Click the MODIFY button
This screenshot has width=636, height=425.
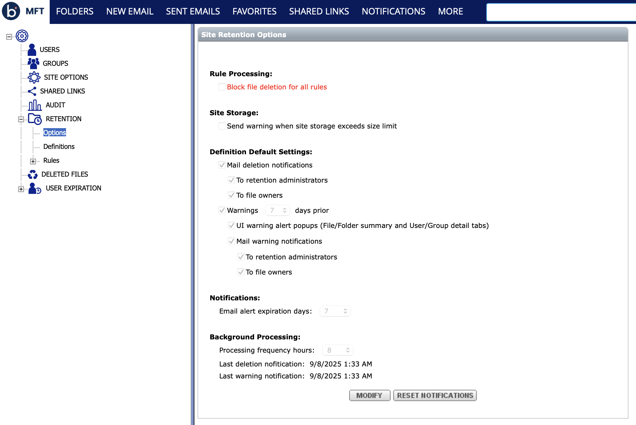tap(369, 395)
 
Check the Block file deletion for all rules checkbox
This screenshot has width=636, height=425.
tap(222, 87)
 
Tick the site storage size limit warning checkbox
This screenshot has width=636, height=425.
tap(222, 126)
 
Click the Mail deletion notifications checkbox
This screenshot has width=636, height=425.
tap(222, 165)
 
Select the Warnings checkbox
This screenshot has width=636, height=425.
tap(222, 210)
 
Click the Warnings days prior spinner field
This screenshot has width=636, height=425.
tap(277, 210)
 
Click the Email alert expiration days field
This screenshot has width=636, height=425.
tap(335, 311)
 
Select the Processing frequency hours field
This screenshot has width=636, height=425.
tap(337, 350)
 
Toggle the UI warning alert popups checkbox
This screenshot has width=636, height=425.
tap(232, 225)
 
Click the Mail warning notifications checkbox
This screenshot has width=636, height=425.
tap(232, 241)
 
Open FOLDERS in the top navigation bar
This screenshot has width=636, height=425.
tap(75, 12)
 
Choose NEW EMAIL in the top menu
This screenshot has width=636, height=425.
tap(130, 12)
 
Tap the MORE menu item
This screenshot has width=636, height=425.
tap(450, 12)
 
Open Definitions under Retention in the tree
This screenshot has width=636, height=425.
tap(59, 147)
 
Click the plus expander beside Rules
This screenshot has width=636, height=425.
tap(33, 161)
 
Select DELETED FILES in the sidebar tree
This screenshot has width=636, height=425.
tap(64, 174)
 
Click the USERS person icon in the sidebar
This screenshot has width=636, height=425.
tap(32, 50)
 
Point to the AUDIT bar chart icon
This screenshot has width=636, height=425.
tap(35, 105)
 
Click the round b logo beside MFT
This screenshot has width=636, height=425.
tap(11, 11)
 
